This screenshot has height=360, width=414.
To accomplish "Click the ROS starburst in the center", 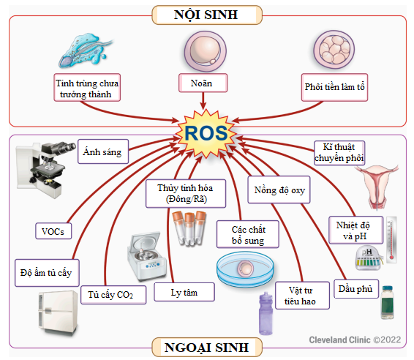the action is point(206,133).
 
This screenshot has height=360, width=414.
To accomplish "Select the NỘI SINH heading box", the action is point(207,15).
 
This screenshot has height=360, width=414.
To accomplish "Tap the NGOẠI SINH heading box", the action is point(207,347).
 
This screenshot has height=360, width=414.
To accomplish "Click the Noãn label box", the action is point(203,83).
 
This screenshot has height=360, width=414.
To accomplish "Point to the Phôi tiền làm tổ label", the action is point(334,87).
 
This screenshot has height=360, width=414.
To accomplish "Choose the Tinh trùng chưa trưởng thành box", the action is point(87,87).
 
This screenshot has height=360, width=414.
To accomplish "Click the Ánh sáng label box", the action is point(103,151).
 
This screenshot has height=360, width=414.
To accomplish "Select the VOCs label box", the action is point(53,231).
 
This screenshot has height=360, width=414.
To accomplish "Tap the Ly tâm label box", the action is point(184,292).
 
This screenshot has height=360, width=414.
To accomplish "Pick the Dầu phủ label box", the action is point(356,289).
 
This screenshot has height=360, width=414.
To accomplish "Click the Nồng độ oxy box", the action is point(279,190).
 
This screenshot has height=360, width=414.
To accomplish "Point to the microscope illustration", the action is point(44,169).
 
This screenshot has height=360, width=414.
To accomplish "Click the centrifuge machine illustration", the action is point(146,255).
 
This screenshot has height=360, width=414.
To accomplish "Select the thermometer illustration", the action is point(391,240).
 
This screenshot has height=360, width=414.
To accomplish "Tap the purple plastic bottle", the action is point(266,313).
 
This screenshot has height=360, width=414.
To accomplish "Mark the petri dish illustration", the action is point(245,269).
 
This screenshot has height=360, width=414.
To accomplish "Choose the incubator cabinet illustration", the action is point(58,312).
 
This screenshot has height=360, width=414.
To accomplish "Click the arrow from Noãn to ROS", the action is point(203,101).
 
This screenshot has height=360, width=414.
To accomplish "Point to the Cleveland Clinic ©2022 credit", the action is point(355,340).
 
